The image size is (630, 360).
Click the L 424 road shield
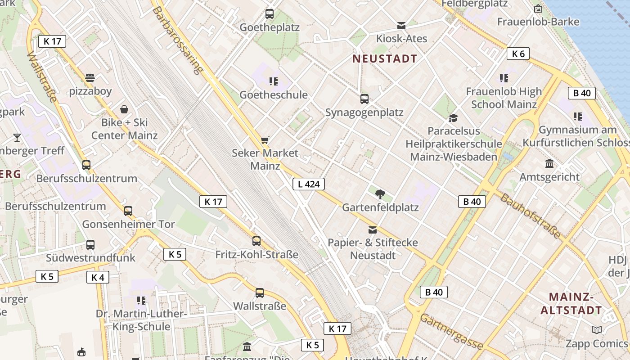[309, 184]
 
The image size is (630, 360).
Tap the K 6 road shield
[518, 54]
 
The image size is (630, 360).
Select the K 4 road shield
[98, 277]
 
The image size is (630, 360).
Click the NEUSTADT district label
[385, 58]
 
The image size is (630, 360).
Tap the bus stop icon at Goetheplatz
[270, 14]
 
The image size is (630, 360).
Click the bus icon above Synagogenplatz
[364, 99]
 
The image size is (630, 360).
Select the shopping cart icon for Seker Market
[265, 140]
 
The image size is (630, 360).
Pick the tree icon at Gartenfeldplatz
[380, 194]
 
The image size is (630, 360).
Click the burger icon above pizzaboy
[90, 78]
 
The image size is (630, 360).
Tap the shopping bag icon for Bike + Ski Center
[124, 109]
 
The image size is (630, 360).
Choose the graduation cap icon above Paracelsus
[453, 118]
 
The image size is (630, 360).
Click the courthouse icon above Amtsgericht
[549, 163]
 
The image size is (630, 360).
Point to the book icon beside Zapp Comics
[597, 330]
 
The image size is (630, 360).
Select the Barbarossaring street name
[178, 40]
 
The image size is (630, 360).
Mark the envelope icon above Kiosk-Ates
[401, 26]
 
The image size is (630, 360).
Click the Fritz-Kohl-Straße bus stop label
[256, 255]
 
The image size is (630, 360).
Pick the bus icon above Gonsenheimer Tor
[128, 211]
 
